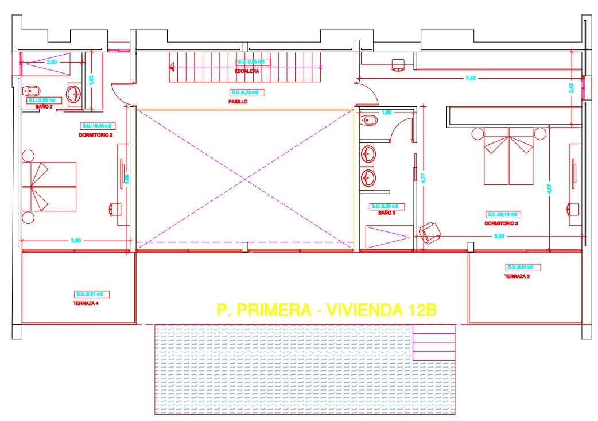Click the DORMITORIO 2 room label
pos(95,135)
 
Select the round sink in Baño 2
pos(74,93)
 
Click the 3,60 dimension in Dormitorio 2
pos(76,241)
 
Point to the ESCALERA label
pos(246,71)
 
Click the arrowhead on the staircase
pos(172,67)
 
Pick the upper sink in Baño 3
pos(368,154)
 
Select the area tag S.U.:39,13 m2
pos(502,214)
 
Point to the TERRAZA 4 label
pos(86,303)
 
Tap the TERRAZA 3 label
pos(517,276)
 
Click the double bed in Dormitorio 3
pos(509,156)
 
